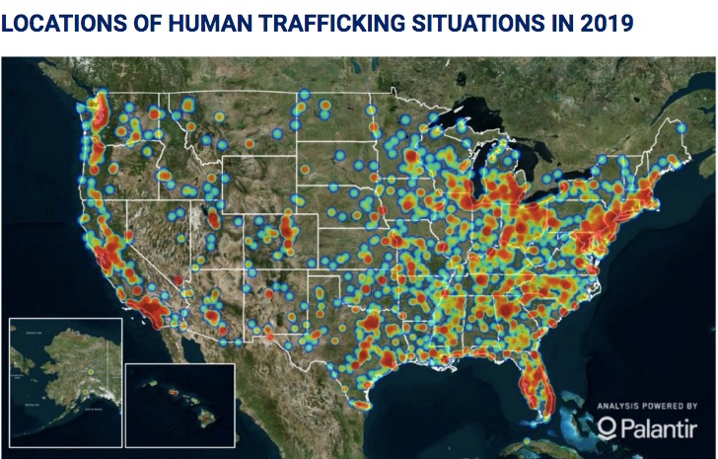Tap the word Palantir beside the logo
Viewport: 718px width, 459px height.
(x=661, y=426)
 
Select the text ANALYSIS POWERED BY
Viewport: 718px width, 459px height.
(x=647, y=405)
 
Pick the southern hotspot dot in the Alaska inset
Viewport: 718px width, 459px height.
(x=89, y=372)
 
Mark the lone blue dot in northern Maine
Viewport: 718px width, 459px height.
(x=680, y=127)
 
